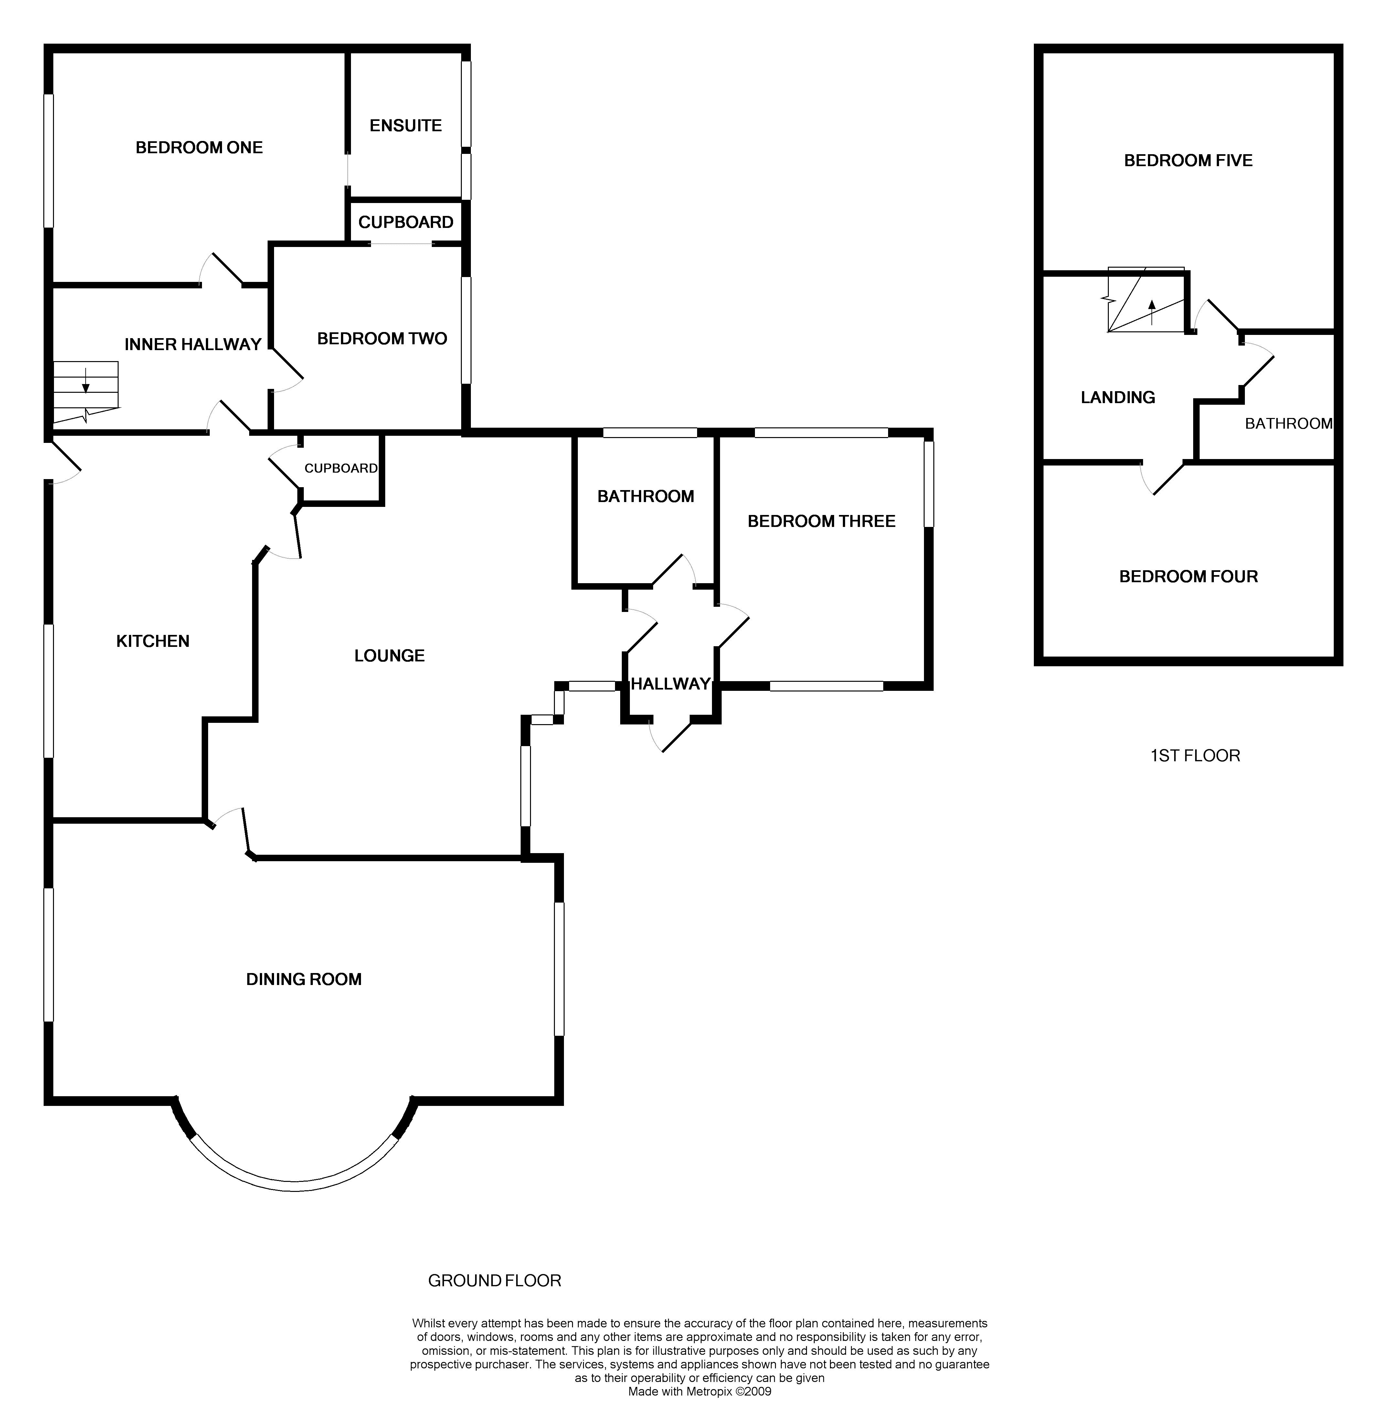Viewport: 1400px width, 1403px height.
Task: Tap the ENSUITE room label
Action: [405, 126]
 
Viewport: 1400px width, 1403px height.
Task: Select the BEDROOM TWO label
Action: [382, 338]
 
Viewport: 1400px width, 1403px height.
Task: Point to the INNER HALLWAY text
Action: [192, 344]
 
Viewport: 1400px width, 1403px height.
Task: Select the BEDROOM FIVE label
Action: [1188, 160]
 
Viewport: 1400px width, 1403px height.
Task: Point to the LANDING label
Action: [1118, 397]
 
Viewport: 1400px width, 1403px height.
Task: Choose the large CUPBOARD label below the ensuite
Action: [405, 222]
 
